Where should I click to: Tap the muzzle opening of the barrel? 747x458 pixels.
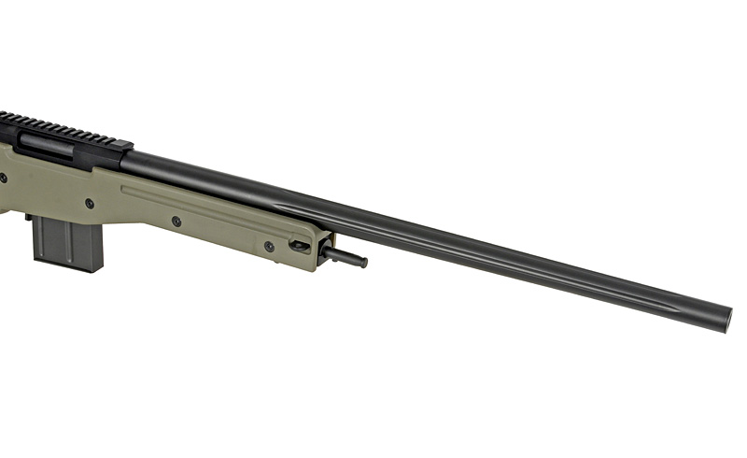click(x=726, y=315)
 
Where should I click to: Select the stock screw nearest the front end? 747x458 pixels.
click(x=269, y=247)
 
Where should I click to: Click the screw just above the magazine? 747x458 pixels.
click(x=90, y=203)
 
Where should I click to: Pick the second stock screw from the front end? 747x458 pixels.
click(x=176, y=222)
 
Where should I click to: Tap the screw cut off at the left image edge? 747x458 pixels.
click(x=3, y=177)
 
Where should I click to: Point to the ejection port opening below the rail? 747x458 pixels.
click(x=47, y=145)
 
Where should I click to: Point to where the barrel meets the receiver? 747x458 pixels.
click(x=126, y=161)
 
